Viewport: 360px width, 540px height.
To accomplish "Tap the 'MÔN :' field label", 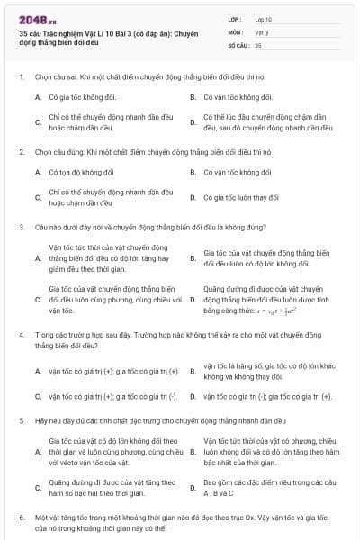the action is [237, 31].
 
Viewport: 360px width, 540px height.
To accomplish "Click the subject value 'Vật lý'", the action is [262, 31].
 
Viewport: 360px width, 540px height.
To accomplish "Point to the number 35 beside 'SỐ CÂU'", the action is [258, 43].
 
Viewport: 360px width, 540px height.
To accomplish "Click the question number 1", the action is [21, 76].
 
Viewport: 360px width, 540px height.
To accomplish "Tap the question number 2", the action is [21, 152].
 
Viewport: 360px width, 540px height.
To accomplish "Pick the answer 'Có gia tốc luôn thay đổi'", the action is [241, 197].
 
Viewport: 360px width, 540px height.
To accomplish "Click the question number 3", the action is [21, 228].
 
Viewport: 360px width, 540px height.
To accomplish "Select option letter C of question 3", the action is [38, 300].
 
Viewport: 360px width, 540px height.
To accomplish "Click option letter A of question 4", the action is [38, 371].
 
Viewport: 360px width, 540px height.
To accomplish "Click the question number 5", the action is [21, 420].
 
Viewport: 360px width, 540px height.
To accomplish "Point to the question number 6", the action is [21, 518].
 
